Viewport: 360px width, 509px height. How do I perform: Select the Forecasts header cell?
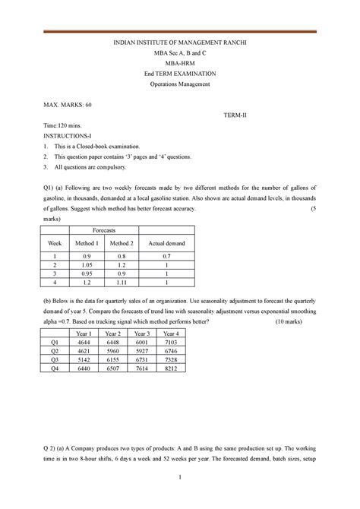(x=104, y=229)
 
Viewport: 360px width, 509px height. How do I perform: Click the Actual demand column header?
(x=166, y=243)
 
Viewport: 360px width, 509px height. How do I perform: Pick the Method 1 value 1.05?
(x=87, y=265)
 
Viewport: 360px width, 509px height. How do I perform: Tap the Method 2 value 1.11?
(x=122, y=282)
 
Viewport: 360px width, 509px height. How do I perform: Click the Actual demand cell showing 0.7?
(x=166, y=257)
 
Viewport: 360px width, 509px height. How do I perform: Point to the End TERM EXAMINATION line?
(x=180, y=73)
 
